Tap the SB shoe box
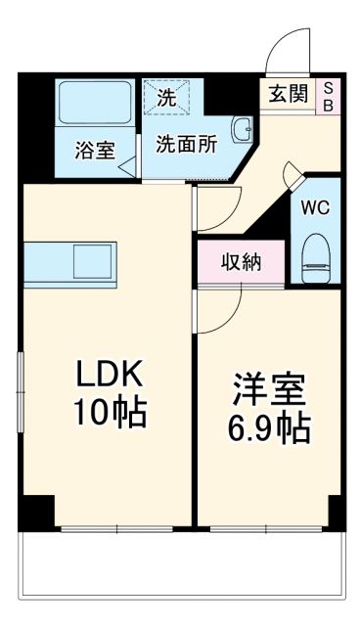pos(328,95)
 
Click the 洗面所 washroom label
pos(186,142)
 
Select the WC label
pos(316,209)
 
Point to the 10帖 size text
pos(112,414)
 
